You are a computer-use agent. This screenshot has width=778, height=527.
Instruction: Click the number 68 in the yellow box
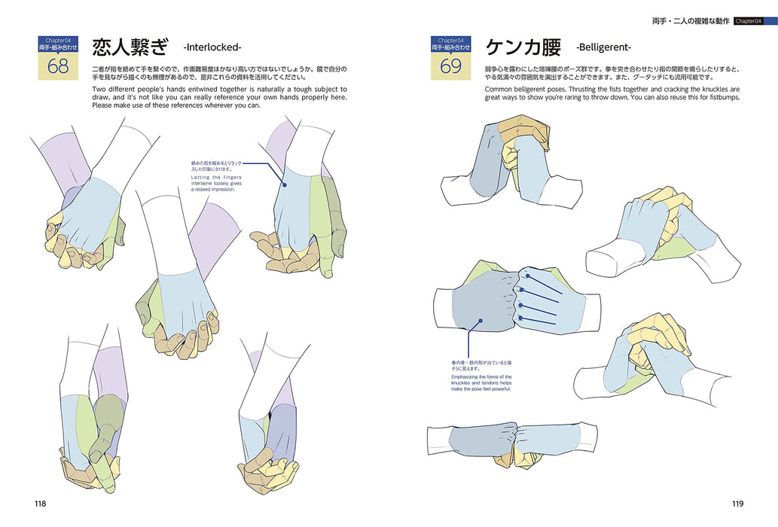(x=57, y=65)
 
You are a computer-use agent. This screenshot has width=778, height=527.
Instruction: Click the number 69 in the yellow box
(x=450, y=65)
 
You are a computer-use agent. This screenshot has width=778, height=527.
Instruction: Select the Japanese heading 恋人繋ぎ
(x=129, y=48)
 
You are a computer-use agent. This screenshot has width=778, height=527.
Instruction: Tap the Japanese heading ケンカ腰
(x=523, y=48)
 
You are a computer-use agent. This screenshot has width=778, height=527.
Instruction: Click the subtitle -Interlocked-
(x=212, y=48)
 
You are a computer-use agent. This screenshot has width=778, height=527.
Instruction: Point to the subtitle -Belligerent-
(x=604, y=48)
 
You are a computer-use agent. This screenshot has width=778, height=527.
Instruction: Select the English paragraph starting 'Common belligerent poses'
(x=612, y=93)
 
